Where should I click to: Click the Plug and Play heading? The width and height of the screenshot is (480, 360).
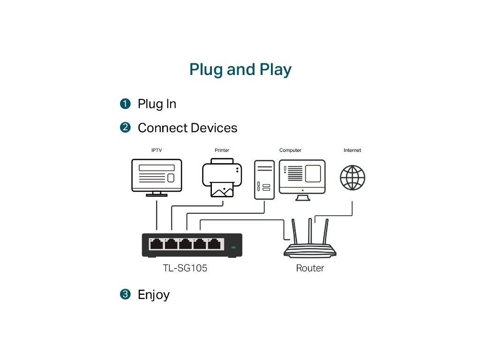(240, 70)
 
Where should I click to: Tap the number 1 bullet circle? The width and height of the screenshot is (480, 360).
(125, 104)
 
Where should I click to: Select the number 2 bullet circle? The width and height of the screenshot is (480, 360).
(125, 127)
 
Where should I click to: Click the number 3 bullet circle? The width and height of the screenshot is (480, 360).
(125, 294)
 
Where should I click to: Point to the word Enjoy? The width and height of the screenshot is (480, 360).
(153, 295)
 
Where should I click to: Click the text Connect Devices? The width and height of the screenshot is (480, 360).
(187, 128)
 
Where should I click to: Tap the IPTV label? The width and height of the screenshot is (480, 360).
(156, 150)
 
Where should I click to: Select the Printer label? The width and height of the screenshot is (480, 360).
(222, 150)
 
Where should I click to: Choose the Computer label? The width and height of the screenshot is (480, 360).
(290, 150)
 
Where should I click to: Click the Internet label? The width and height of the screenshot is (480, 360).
(352, 150)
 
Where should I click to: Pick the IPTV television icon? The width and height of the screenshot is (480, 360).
(157, 177)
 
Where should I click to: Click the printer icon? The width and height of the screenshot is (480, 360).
(222, 178)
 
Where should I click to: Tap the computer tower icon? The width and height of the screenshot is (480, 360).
(264, 180)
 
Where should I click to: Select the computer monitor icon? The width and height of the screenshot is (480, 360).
(302, 179)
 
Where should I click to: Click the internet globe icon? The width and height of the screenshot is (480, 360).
(352, 178)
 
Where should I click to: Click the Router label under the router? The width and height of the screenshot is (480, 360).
(310, 269)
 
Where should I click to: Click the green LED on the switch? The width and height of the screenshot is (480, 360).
(233, 247)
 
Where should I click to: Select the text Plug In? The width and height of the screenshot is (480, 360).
(157, 104)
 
